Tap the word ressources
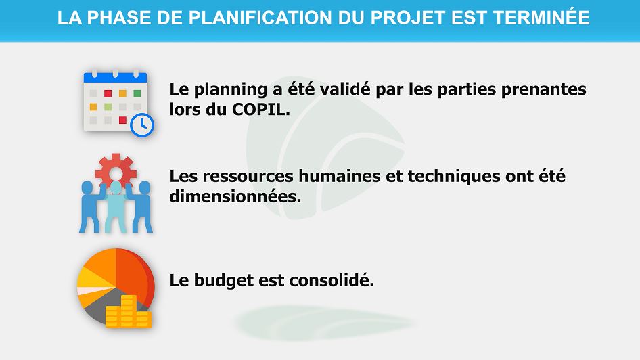(x=248, y=177)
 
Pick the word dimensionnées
(x=235, y=196)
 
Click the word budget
(x=223, y=281)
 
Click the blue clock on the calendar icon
(x=142, y=125)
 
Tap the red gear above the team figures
(x=116, y=171)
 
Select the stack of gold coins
(x=128, y=311)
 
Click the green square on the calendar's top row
(x=137, y=93)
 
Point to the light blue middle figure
(x=116, y=206)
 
